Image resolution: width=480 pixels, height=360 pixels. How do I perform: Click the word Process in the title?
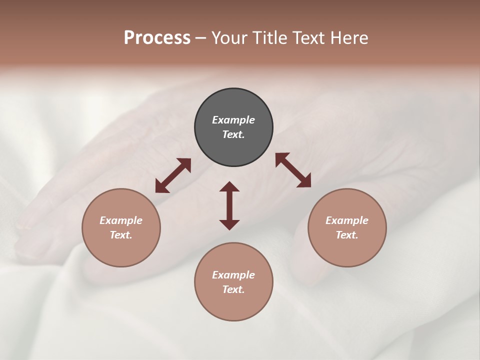(x=157, y=38)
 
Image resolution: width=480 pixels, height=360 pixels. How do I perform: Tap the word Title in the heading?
(x=270, y=38)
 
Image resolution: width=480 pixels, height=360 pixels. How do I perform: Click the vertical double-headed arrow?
(x=229, y=205)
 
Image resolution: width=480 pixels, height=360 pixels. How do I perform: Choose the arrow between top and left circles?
(x=173, y=175)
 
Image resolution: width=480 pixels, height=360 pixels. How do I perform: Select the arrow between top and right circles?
(x=293, y=170)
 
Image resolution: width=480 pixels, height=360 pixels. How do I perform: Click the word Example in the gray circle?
(x=233, y=120)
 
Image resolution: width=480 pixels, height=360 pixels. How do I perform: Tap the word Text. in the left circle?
(x=121, y=235)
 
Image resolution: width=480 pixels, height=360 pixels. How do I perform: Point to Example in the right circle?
(x=347, y=220)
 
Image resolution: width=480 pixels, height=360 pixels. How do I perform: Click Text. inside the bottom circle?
(x=233, y=289)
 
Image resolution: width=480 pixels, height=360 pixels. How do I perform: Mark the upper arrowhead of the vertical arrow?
(x=229, y=186)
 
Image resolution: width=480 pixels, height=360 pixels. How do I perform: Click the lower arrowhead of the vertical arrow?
(x=229, y=224)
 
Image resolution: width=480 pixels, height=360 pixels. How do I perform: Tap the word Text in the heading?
(x=307, y=38)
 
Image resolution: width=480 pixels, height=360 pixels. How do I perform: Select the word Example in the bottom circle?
(x=233, y=275)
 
